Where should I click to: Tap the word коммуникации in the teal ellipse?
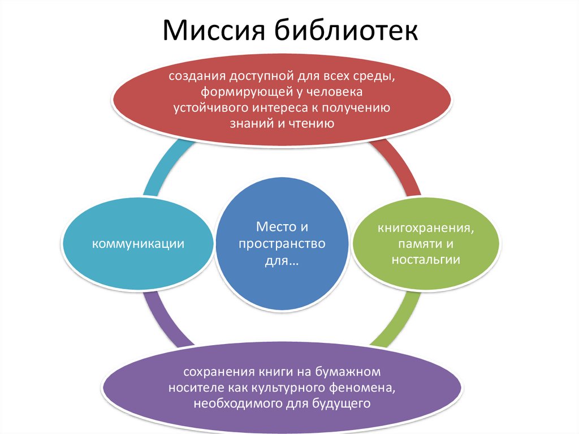pyautogui.click(x=139, y=244)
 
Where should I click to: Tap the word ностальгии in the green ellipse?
pyautogui.click(x=426, y=260)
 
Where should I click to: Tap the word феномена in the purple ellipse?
pyautogui.click(x=364, y=388)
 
